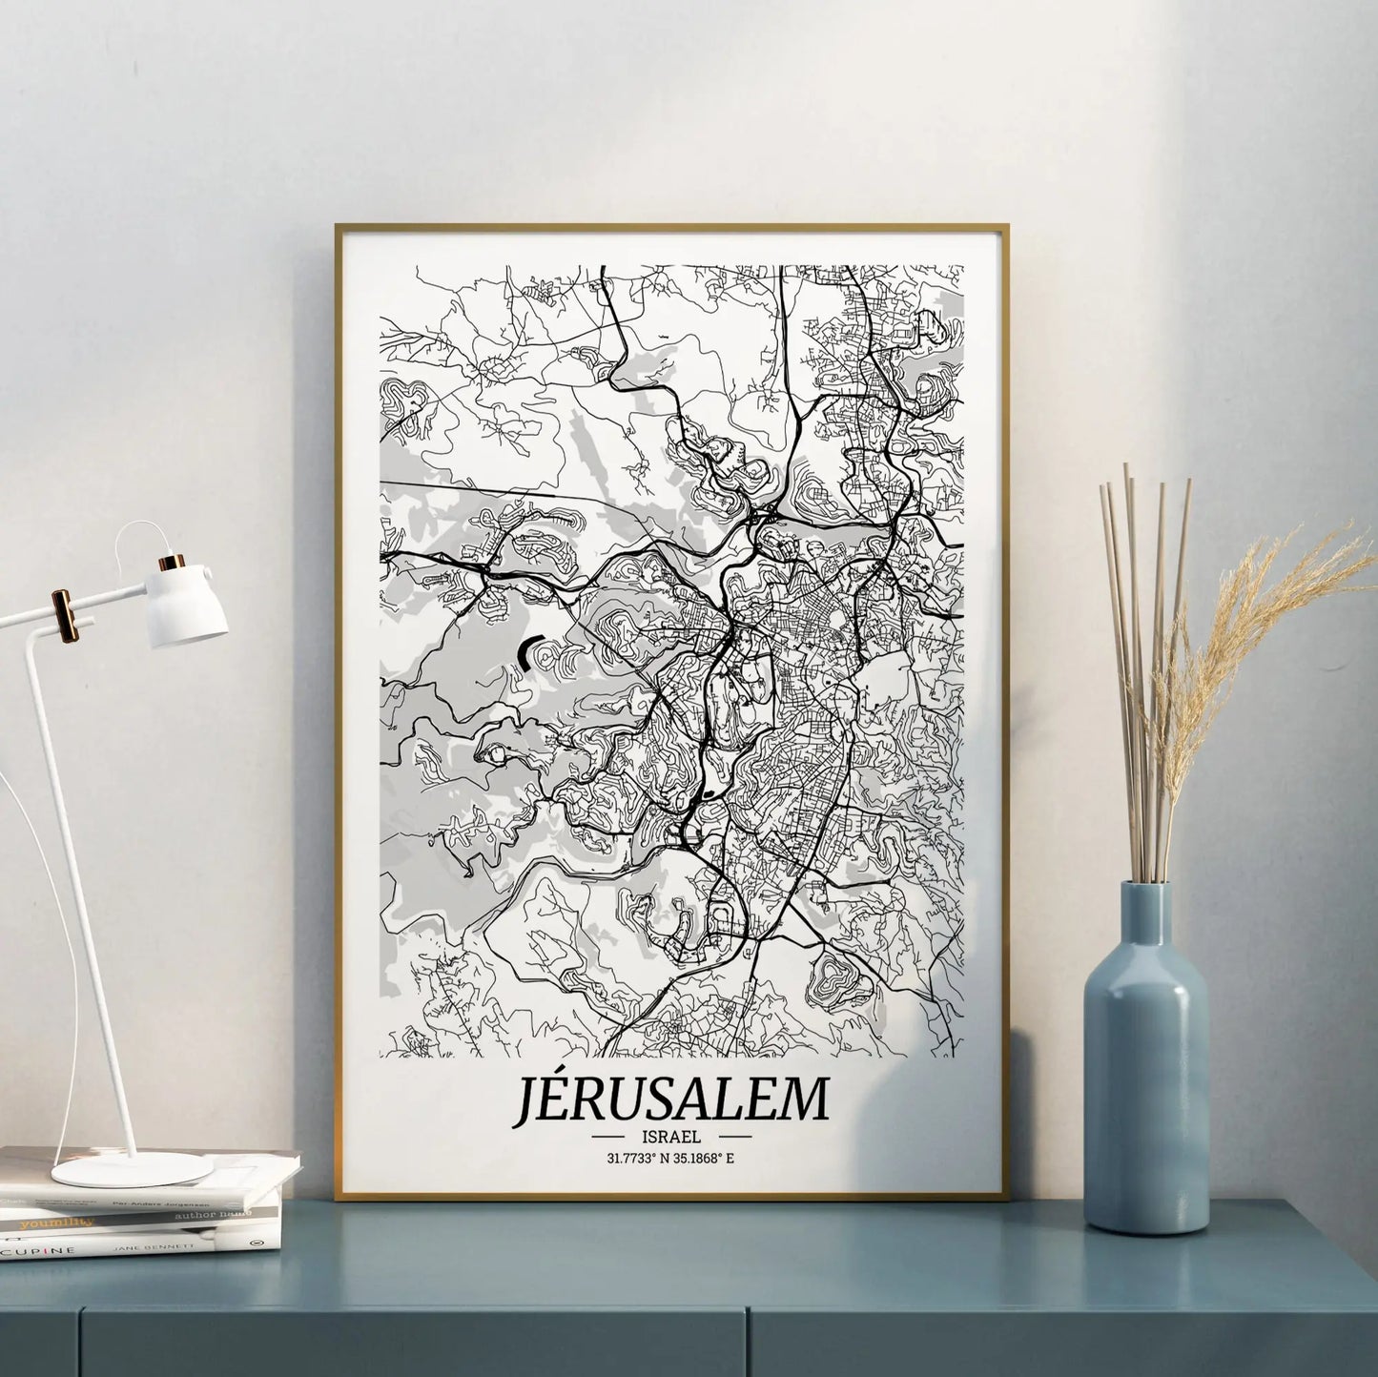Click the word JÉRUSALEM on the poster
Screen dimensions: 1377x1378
point(671,1100)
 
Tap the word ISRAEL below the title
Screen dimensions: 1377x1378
point(672,1137)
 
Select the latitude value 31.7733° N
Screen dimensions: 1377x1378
point(637,1159)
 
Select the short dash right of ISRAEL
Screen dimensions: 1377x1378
point(734,1138)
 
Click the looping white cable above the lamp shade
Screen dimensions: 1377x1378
point(143,534)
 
